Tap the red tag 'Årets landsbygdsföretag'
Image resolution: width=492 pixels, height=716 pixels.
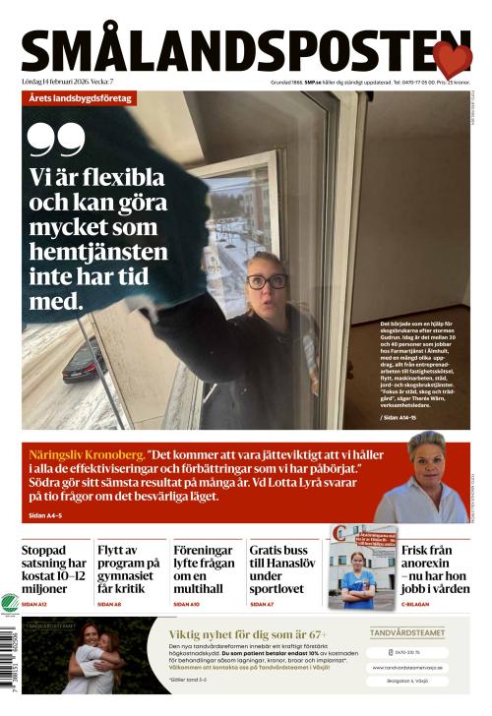click(x=80, y=99)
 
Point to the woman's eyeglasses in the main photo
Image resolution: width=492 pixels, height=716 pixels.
click(x=266, y=281)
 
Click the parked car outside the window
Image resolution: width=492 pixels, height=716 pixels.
click(x=84, y=361)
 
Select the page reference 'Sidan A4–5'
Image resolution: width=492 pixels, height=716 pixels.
click(x=45, y=515)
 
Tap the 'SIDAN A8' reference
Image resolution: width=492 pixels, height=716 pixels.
click(x=109, y=604)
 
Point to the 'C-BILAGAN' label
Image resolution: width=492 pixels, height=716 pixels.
click(x=418, y=604)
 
